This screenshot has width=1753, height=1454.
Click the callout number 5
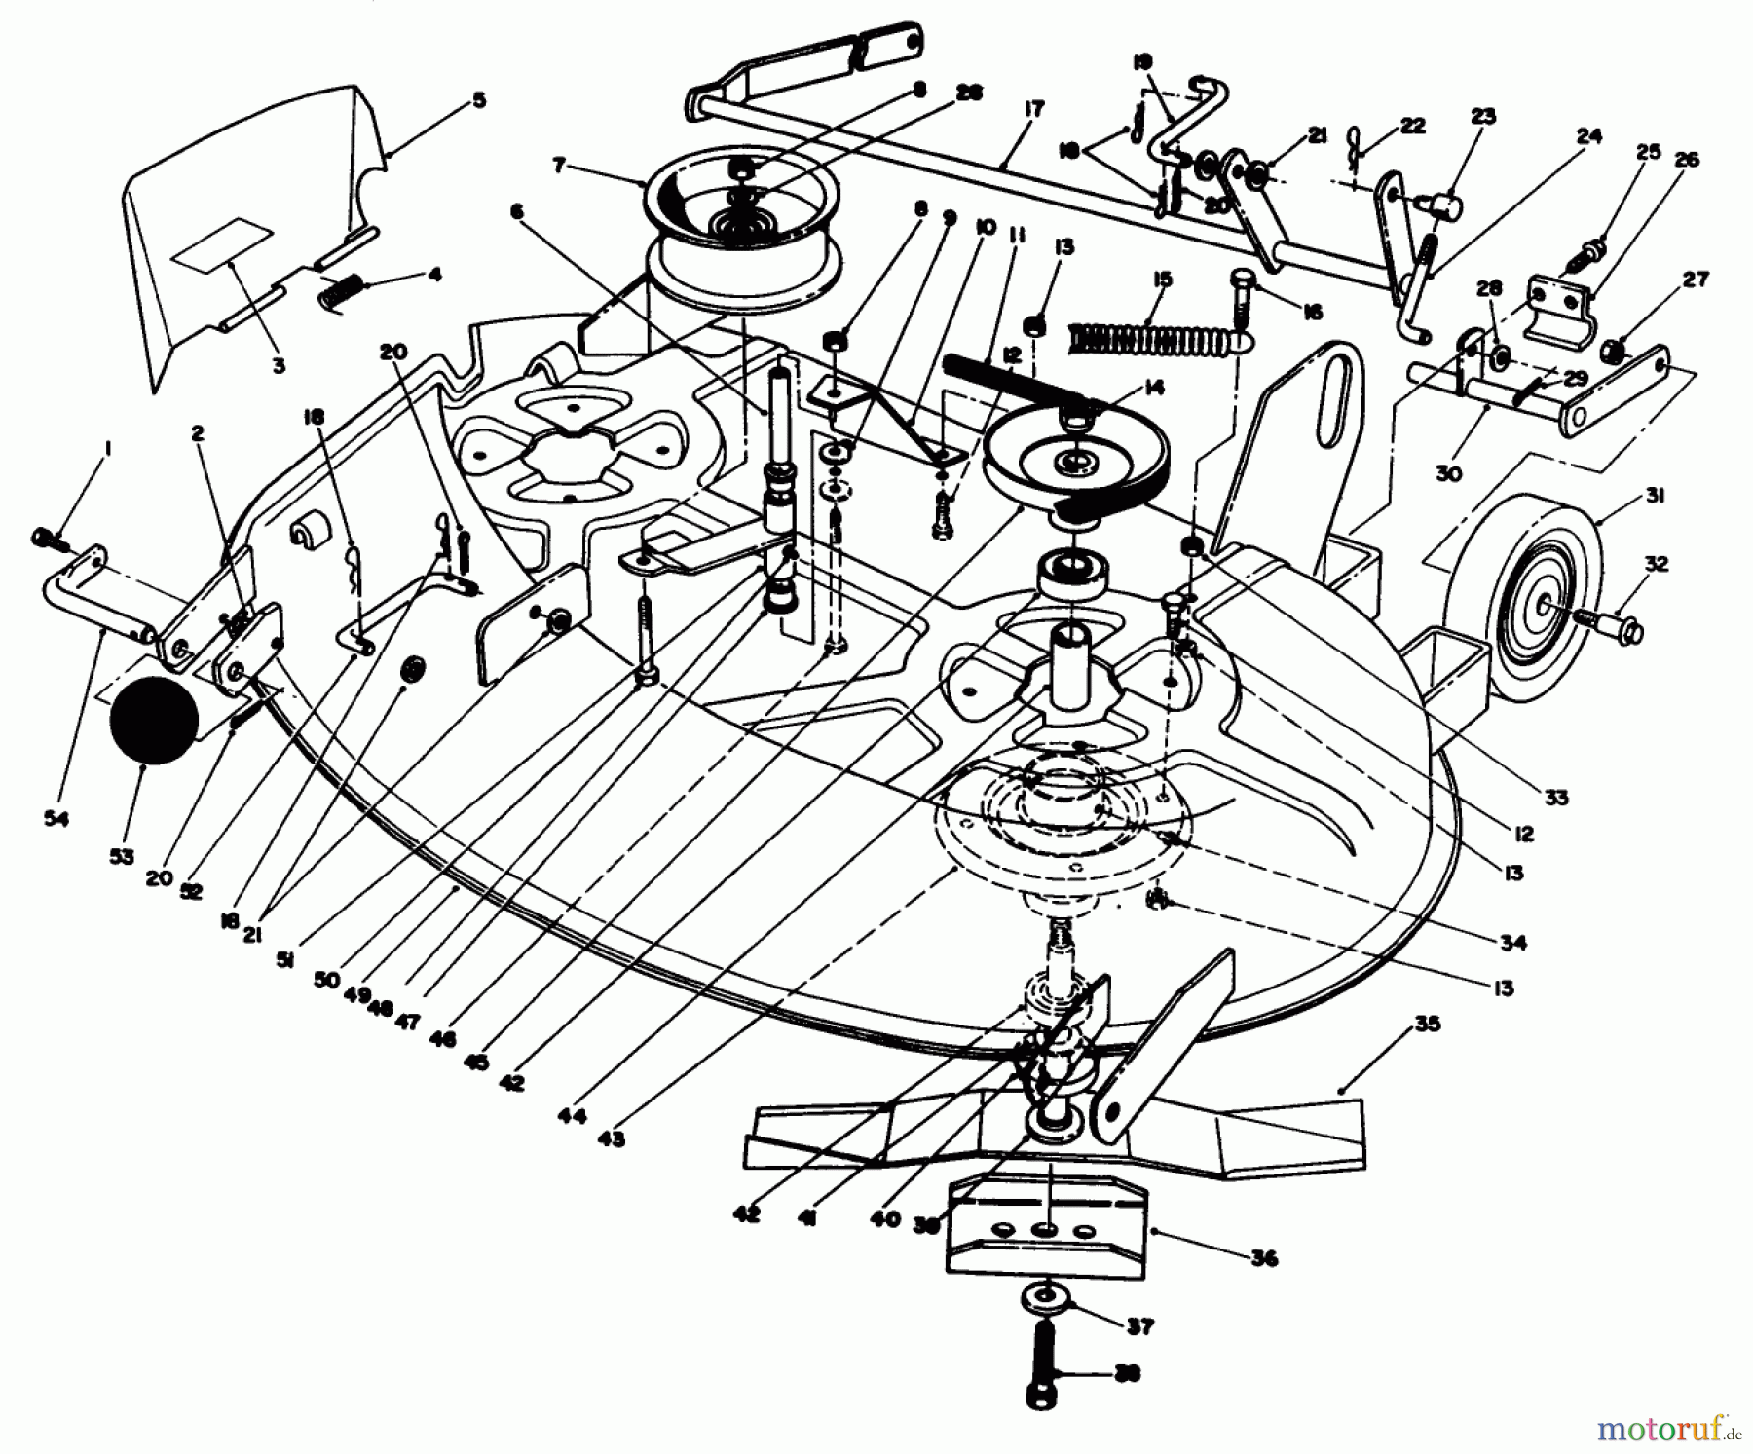click(x=478, y=100)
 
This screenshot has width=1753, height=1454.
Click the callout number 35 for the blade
click(x=1429, y=1025)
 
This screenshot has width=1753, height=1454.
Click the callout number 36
click(x=1264, y=1257)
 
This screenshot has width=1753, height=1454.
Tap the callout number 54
click(x=56, y=819)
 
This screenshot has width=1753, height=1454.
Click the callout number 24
click(x=1588, y=136)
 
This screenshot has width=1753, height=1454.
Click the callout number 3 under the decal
click(x=279, y=366)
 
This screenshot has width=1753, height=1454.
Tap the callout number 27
click(x=1696, y=280)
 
